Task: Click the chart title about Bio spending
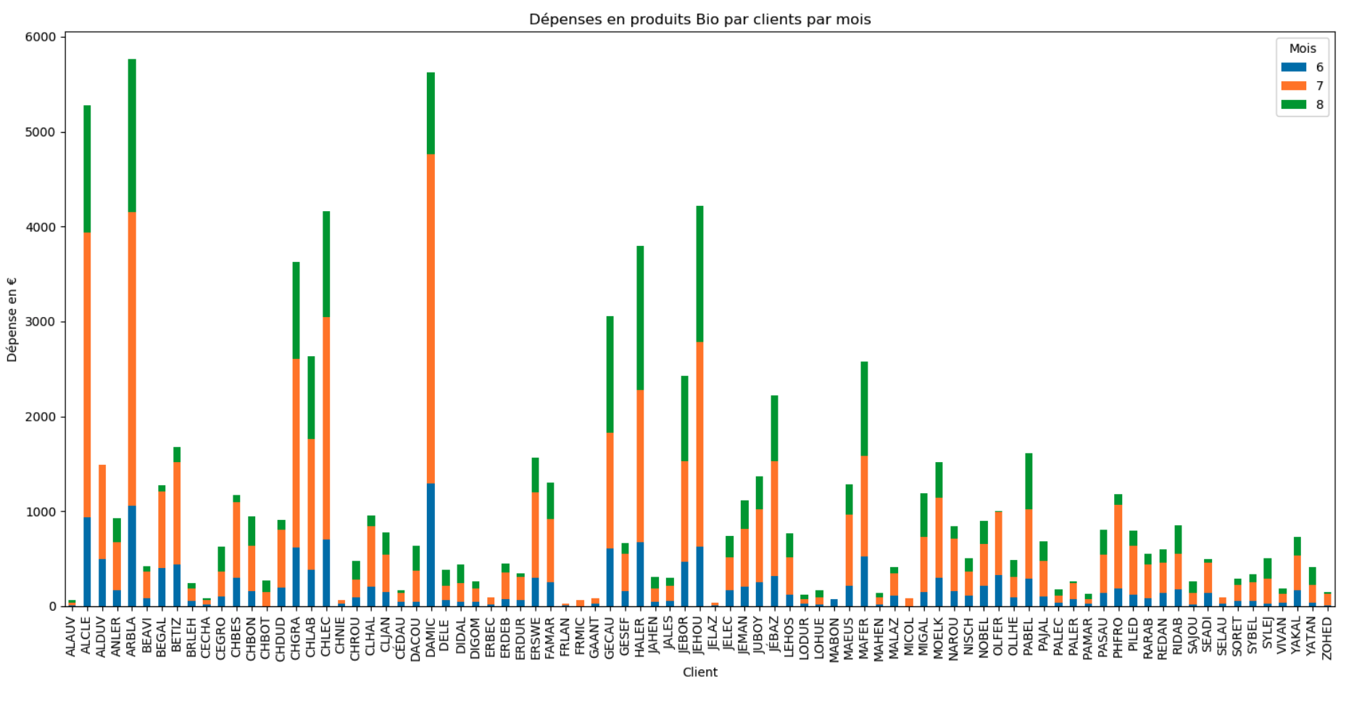699,20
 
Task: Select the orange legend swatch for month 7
1294,86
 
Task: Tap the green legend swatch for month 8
1294,104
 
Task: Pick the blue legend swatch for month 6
1294,67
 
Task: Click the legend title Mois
1303,49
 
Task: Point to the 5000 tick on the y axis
42,132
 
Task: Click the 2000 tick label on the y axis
42,417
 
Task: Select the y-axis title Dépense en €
12,319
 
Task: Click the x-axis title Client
699,672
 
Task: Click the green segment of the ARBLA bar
132,136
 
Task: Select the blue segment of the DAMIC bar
431,544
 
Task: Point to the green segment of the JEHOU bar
699,274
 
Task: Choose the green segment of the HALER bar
640,318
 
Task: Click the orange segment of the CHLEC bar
326,428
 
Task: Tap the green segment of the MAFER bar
864,408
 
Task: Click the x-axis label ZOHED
1327,638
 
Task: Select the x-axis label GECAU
610,638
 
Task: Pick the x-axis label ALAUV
71,637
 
